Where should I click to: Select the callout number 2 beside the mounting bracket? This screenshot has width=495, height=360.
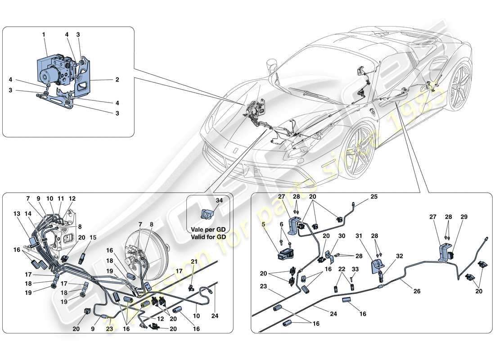coord(117,80)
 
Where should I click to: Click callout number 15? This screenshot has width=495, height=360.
coord(93,238)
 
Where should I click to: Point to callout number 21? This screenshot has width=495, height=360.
coord(194,261)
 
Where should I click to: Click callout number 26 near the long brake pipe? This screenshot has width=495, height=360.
coord(417,292)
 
